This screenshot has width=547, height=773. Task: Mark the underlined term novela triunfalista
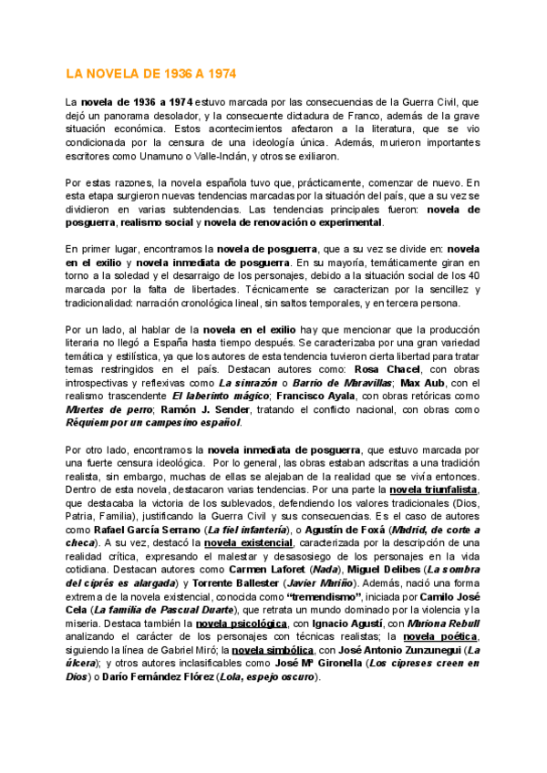click(439, 490)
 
